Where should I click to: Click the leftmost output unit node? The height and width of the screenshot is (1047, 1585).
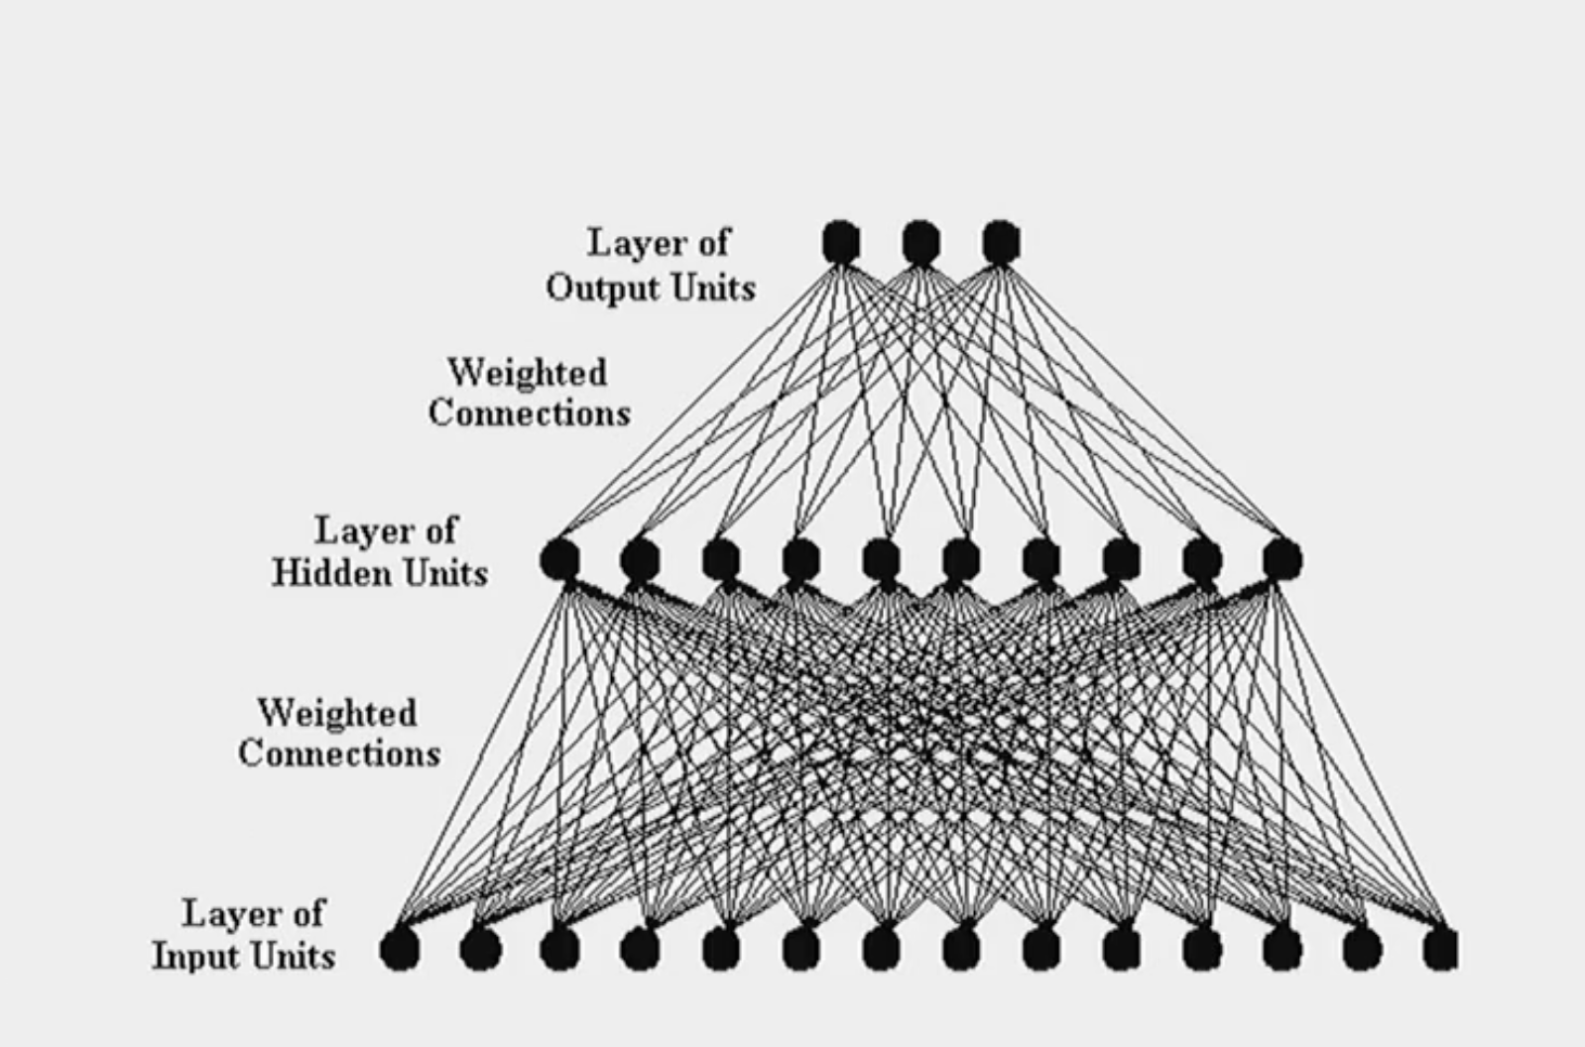click(841, 242)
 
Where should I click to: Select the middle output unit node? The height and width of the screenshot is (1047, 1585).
click(920, 242)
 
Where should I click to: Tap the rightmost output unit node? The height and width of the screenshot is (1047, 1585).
click(1001, 242)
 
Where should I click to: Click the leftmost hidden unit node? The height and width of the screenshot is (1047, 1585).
click(559, 560)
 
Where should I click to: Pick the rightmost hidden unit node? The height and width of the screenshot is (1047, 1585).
click(1282, 560)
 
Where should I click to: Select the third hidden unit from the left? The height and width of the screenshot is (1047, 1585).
click(720, 560)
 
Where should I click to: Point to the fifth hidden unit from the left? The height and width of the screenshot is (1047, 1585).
click(881, 560)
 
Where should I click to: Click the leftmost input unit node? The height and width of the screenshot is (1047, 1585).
click(399, 950)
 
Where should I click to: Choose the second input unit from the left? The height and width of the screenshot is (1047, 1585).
click(479, 950)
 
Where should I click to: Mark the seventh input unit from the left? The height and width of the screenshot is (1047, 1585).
click(881, 950)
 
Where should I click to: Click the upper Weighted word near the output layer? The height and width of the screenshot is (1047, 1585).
click(527, 373)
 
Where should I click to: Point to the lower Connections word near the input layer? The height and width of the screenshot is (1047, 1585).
click(338, 754)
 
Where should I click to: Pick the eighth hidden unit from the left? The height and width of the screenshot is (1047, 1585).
click(1121, 560)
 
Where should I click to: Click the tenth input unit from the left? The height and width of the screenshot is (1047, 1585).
click(1121, 950)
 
